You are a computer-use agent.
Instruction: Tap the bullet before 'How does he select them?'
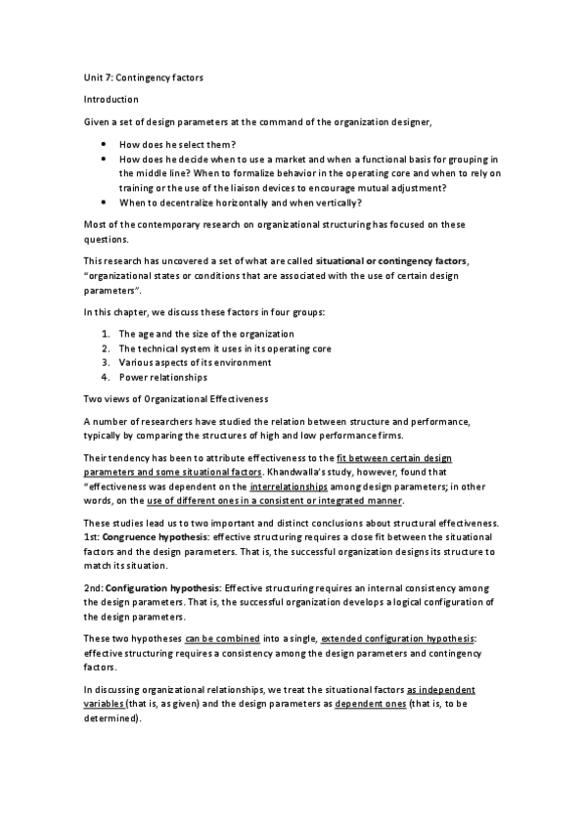tap(104, 145)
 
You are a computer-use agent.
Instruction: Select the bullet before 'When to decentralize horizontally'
tap(104, 203)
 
